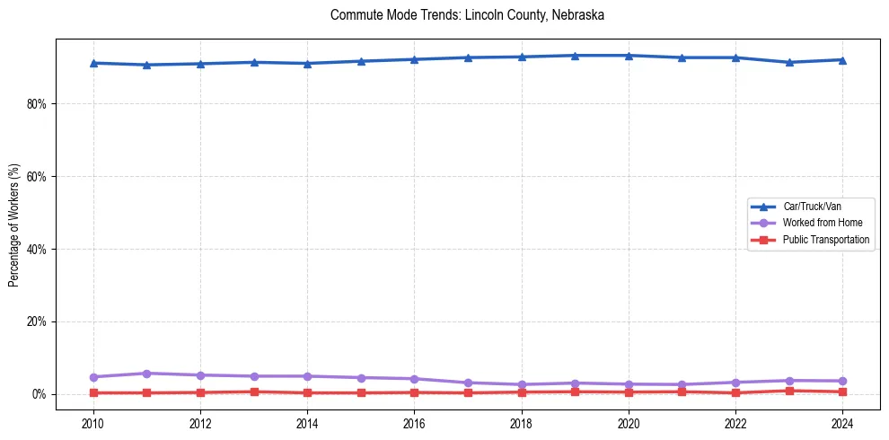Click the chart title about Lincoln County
(x=467, y=15)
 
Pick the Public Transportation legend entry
(x=825, y=240)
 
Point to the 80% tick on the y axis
(x=37, y=104)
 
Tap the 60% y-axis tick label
(x=37, y=177)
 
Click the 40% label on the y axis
(x=37, y=250)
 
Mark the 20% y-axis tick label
(x=37, y=321)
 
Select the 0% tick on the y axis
(x=40, y=394)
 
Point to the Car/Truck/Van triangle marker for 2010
(x=93, y=63)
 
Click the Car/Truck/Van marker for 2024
(x=842, y=60)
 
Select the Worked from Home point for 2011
(x=147, y=374)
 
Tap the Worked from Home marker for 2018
(x=522, y=384)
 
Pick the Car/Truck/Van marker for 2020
(x=629, y=56)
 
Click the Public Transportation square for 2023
(x=789, y=391)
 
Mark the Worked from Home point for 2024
(x=842, y=381)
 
